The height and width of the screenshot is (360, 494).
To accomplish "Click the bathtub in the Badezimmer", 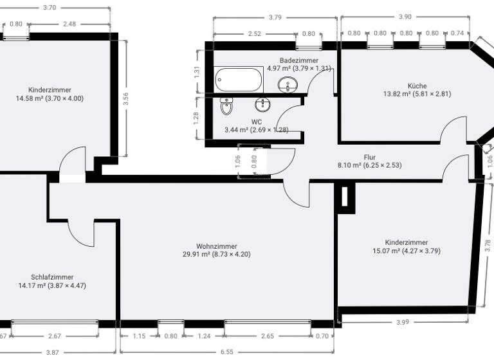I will point(239,80).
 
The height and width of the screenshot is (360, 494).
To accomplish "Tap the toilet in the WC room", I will point(226,106).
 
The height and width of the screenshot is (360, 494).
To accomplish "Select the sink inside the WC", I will point(263,105).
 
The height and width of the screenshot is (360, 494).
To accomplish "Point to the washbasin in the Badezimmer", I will point(288,84).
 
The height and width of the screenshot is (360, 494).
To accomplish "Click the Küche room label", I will point(417,85).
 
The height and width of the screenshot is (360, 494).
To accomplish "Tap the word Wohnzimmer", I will point(216,246).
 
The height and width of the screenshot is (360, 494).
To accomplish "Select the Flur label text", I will point(369,157).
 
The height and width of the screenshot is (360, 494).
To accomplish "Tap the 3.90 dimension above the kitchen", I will point(405,17).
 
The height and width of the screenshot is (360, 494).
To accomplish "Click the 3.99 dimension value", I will point(402,322).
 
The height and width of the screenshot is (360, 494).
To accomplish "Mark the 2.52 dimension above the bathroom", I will point(255,33).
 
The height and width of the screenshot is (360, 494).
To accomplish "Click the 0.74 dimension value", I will point(458,33).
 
